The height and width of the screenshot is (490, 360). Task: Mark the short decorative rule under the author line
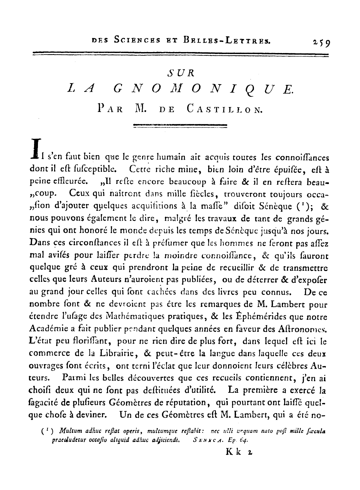[x=180, y=125]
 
